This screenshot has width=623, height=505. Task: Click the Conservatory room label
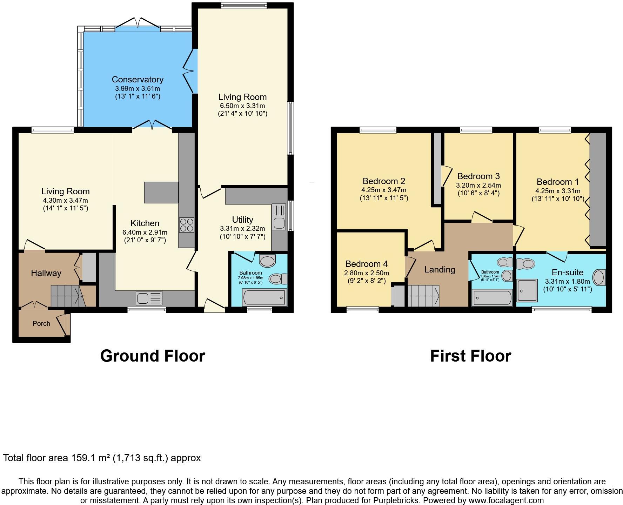click(138, 80)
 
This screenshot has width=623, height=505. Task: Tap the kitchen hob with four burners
click(186, 225)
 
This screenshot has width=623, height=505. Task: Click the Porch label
click(41, 323)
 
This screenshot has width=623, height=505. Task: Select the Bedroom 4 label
click(366, 264)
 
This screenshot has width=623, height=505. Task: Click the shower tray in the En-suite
click(527, 290)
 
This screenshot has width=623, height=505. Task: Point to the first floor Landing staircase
click(423, 296)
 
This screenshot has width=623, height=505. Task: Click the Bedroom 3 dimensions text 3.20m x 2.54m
click(478, 185)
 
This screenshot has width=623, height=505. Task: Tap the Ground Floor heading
click(153, 356)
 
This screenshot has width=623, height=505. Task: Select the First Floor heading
click(470, 356)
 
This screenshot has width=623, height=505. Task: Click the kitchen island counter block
click(161, 192)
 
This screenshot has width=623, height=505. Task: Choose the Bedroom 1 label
click(557, 182)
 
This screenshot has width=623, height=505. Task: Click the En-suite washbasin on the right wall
click(599, 278)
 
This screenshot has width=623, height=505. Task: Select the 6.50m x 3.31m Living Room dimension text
click(242, 106)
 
